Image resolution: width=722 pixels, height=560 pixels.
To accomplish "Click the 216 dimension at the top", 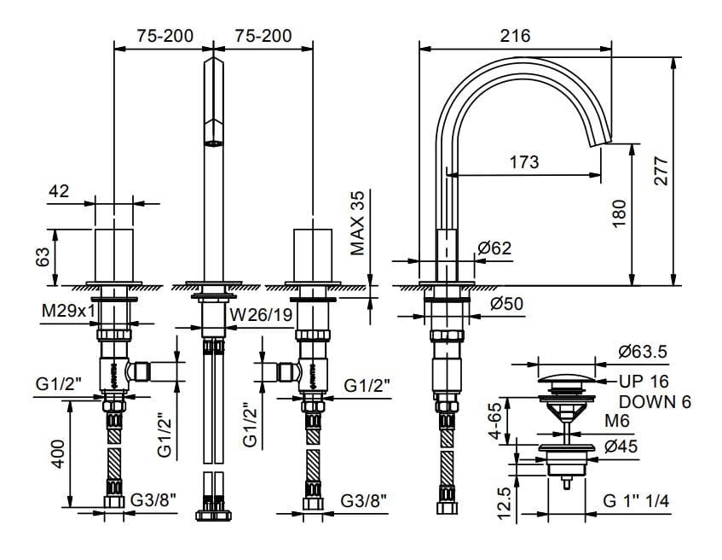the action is click(x=515, y=36).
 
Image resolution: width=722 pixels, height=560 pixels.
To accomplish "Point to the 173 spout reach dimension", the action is click(x=524, y=162).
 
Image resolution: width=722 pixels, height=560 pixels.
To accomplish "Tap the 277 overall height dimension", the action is click(x=661, y=171).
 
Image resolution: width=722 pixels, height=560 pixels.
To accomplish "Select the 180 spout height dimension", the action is click(x=620, y=213).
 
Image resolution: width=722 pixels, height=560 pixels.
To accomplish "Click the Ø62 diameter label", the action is click(x=494, y=248).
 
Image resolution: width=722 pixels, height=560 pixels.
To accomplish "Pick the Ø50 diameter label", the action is click(x=506, y=304).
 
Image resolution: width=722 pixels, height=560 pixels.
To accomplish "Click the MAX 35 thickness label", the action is click(x=357, y=223).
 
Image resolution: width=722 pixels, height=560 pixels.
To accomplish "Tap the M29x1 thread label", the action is click(x=68, y=311).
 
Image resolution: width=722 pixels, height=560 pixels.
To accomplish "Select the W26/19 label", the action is click(x=261, y=315).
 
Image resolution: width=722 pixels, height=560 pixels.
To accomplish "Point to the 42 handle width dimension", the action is click(x=59, y=190).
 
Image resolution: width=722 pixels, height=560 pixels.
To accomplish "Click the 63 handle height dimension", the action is click(x=43, y=257).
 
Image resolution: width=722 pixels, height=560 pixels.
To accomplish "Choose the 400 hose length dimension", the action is click(x=58, y=454).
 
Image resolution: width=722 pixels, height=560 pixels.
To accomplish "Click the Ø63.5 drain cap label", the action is click(x=643, y=352).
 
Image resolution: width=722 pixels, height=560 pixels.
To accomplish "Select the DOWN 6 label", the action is click(x=655, y=402).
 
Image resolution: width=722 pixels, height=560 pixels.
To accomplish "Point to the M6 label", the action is click(x=616, y=420).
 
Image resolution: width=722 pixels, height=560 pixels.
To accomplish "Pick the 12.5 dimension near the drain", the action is click(x=505, y=504).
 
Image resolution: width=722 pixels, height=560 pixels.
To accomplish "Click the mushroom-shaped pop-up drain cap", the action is click(x=566, y=380).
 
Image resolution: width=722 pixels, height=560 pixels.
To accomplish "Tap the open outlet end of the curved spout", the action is click(x=601, y=143).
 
